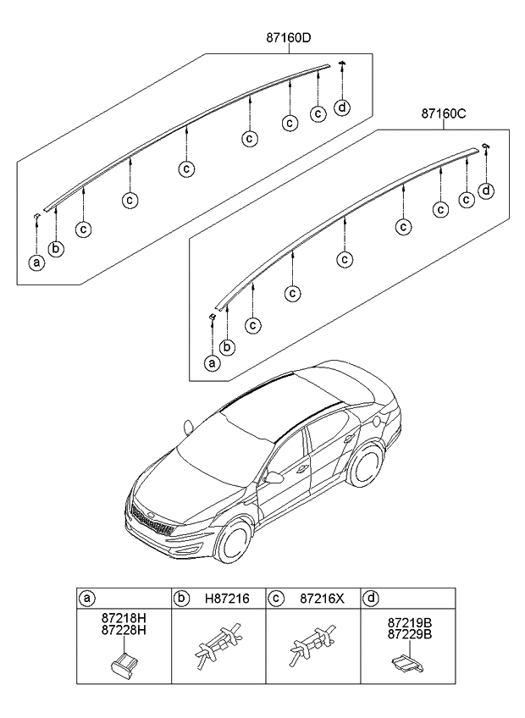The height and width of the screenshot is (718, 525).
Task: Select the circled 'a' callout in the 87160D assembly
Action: point(36,262)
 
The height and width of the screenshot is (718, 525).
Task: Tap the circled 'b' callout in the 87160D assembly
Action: point(55,248)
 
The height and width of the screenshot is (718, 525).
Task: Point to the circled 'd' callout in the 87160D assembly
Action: point(341,107)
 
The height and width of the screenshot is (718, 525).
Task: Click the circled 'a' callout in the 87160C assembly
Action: point(212,363)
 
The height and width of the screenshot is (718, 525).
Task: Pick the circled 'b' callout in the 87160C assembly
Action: point(227,346)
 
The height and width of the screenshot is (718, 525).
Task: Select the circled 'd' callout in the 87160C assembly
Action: point(486,191)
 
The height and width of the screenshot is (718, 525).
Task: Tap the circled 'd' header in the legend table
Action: point(370,598)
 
